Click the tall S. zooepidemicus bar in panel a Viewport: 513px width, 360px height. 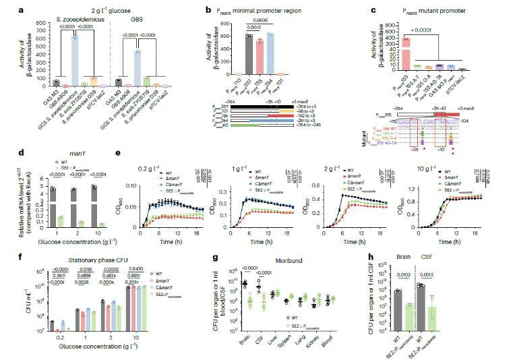pyautogui.click(x=75, y=61)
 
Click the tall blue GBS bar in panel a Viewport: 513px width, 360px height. pyautogui.click(x=173, y=68)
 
